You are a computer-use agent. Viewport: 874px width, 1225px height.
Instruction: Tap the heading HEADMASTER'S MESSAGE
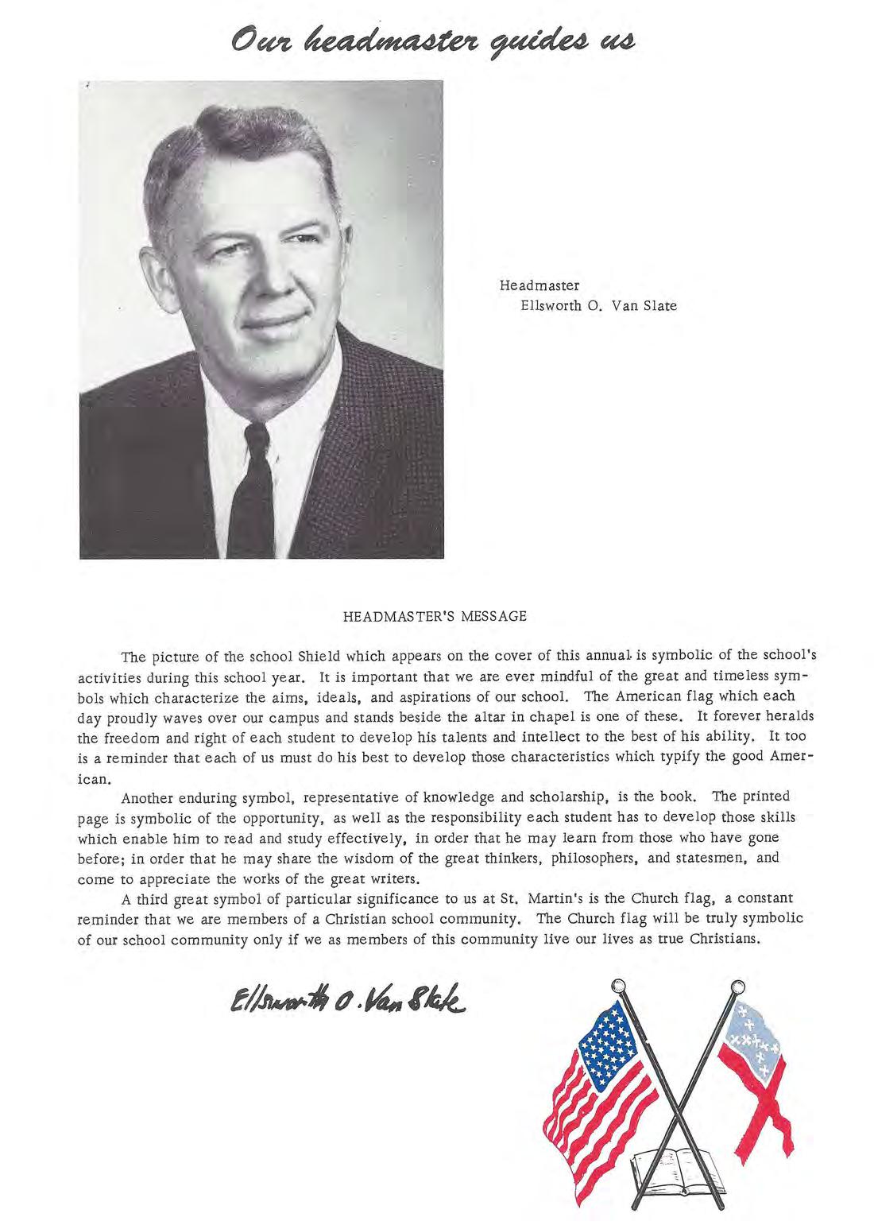[x=435, y=615]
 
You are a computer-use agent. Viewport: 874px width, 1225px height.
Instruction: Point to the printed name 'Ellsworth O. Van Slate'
[x=597, y=305]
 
